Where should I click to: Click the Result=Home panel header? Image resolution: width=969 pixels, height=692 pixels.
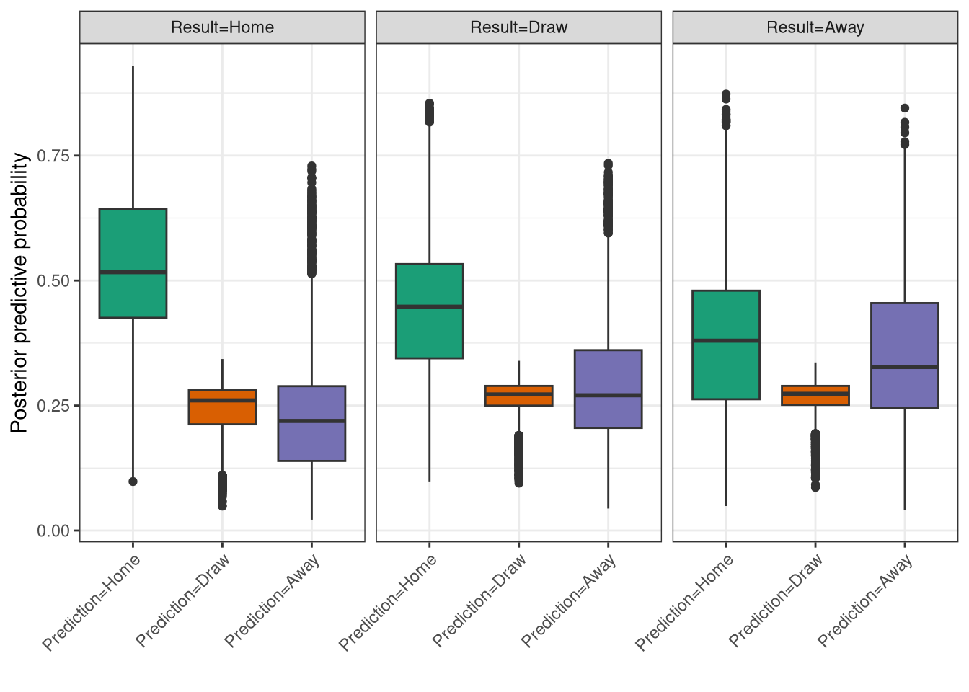click(222, 27)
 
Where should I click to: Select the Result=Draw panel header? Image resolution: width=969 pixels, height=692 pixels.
click(518, 27)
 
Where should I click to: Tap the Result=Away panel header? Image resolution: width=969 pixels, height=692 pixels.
click(815, 27)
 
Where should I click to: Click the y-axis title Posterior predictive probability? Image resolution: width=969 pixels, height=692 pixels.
click(19, 292)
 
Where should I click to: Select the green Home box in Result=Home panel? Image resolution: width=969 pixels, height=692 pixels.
click(133, 263)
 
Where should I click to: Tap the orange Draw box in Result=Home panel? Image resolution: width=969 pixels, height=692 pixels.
click(222, 407)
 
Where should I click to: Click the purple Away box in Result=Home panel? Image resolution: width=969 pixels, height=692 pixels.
click(311, 423)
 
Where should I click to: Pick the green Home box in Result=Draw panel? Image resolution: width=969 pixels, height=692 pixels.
click(430, 311)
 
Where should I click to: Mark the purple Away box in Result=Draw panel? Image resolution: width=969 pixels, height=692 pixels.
click(608, 389)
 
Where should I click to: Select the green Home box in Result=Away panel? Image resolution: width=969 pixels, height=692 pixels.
click(726, 345)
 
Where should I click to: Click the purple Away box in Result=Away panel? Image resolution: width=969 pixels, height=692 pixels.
click(905, 355)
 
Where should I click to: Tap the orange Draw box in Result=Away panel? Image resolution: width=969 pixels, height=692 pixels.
click(815, 395)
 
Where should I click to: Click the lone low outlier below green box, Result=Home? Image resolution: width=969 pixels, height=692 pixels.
click(133, 482)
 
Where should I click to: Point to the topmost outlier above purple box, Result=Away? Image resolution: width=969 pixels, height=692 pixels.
click(905, 108)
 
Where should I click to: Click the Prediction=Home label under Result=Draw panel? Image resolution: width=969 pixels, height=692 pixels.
click(389, 603)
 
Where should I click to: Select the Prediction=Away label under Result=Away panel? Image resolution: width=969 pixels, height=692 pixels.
click(865, 601)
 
